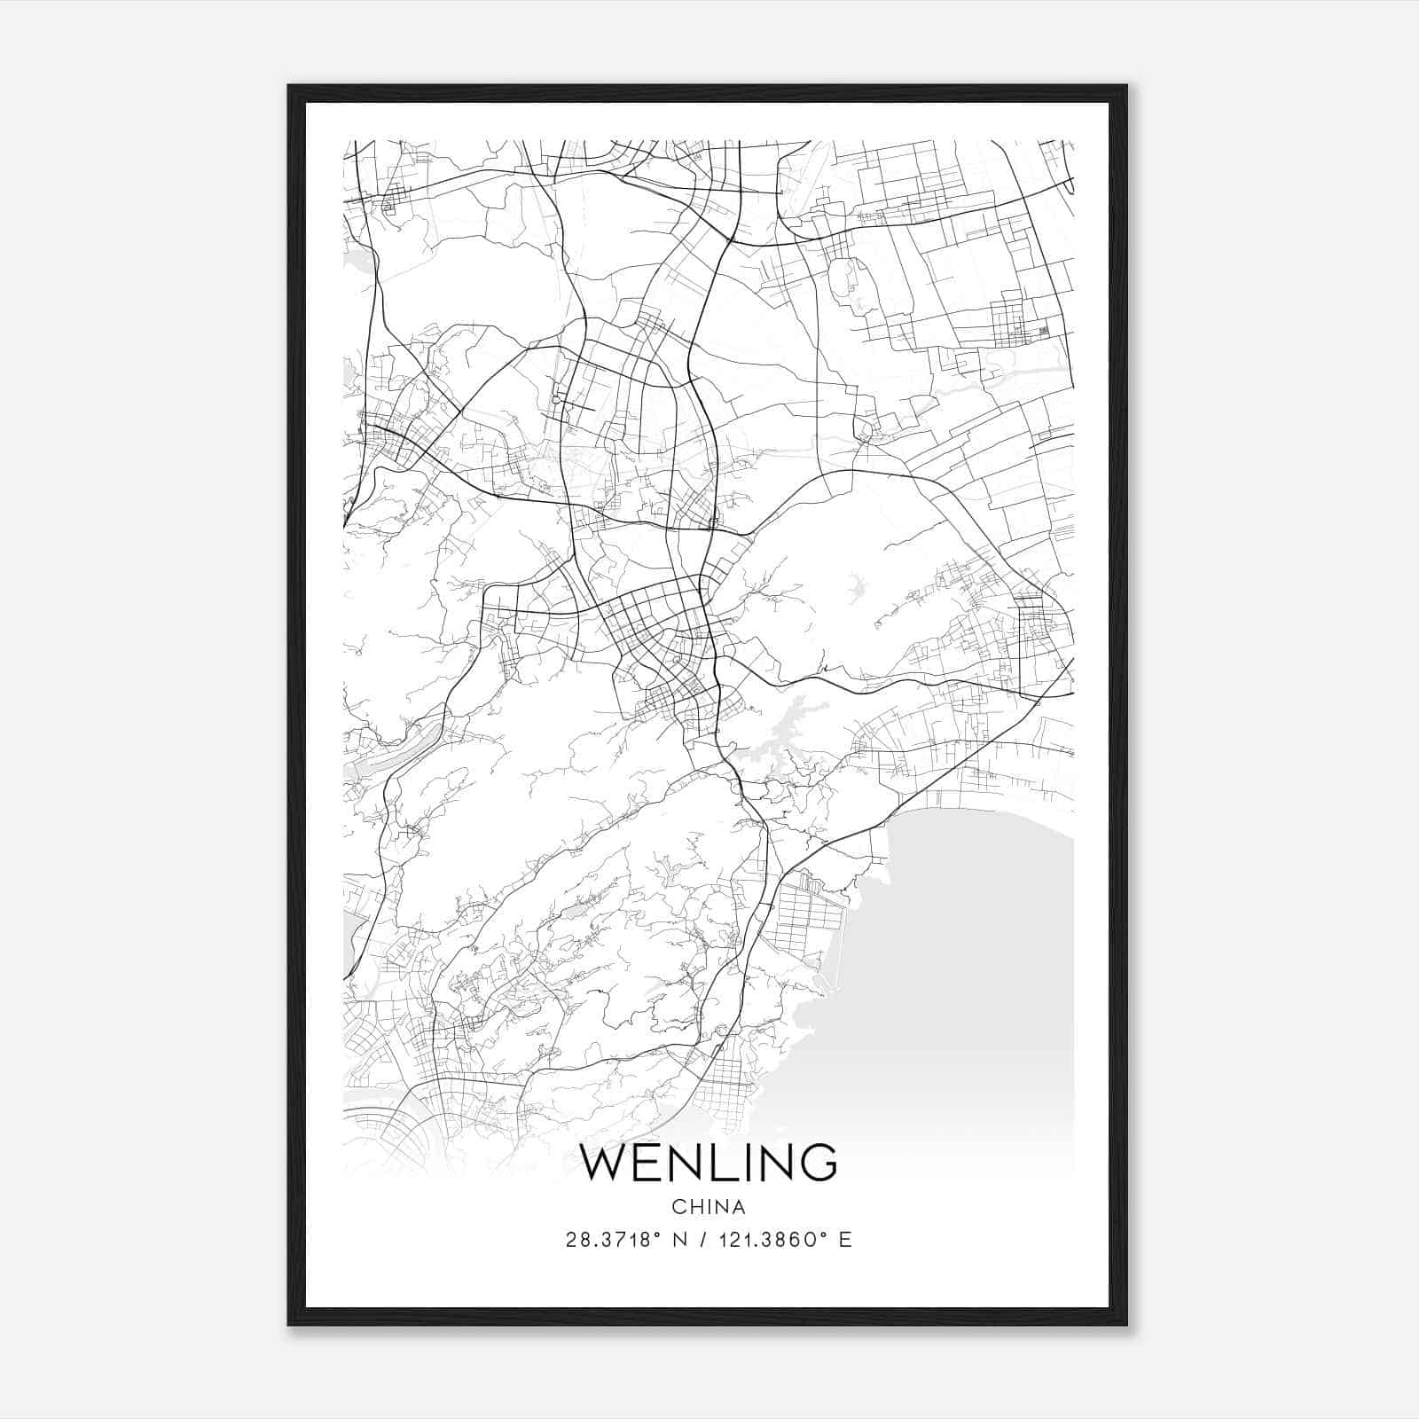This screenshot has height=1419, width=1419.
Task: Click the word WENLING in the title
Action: tap(708, 1163)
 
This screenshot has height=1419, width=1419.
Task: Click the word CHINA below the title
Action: tap(708, 1207)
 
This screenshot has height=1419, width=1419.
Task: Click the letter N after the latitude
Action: tap(682, 1240)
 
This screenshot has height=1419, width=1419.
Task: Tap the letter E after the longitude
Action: tap(845, 1240)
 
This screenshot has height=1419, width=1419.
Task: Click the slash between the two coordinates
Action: tap(704, 1240)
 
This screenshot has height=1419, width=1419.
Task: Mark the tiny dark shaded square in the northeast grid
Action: tap(1043, 331)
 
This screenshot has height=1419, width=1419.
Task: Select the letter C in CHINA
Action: tap(678, 1207)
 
